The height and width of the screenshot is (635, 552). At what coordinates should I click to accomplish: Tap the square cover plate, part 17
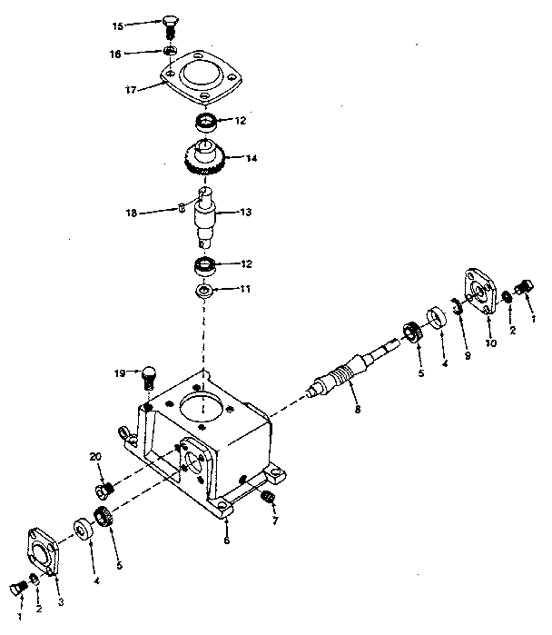(x=201, y=80)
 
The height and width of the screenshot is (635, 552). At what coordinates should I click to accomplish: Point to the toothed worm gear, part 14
(x=205, y=162)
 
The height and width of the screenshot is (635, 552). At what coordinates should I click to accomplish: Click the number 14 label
(x=251, y=157)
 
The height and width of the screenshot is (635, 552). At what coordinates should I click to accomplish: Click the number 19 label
(x=120, y=372)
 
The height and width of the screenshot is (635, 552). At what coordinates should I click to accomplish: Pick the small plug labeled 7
(x=268, y=498)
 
